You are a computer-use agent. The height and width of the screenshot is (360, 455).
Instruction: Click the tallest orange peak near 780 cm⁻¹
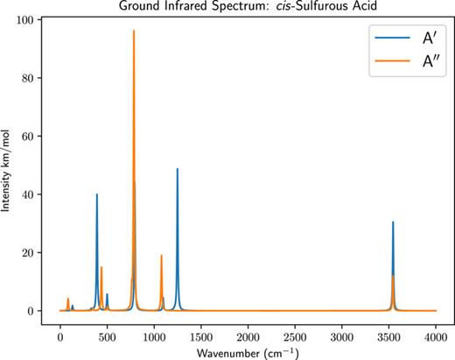pos(134,32)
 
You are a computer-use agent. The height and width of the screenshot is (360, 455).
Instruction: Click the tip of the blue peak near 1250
pos(178,170)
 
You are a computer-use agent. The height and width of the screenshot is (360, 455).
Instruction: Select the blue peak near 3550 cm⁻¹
pos(393,223)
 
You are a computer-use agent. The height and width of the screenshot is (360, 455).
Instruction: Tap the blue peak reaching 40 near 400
pos(97,195)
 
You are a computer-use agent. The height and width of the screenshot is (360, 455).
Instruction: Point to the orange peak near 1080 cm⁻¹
pos(162,256)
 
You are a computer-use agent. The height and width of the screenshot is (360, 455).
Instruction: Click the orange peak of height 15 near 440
pos(101,268)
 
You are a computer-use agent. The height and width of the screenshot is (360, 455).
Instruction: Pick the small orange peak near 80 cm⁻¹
pos(67,299)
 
